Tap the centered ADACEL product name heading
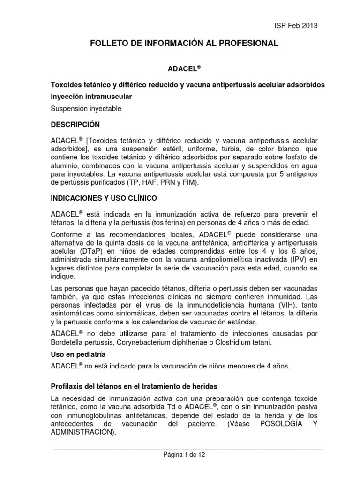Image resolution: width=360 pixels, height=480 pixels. pyautogui.click(x=184, y=68)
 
